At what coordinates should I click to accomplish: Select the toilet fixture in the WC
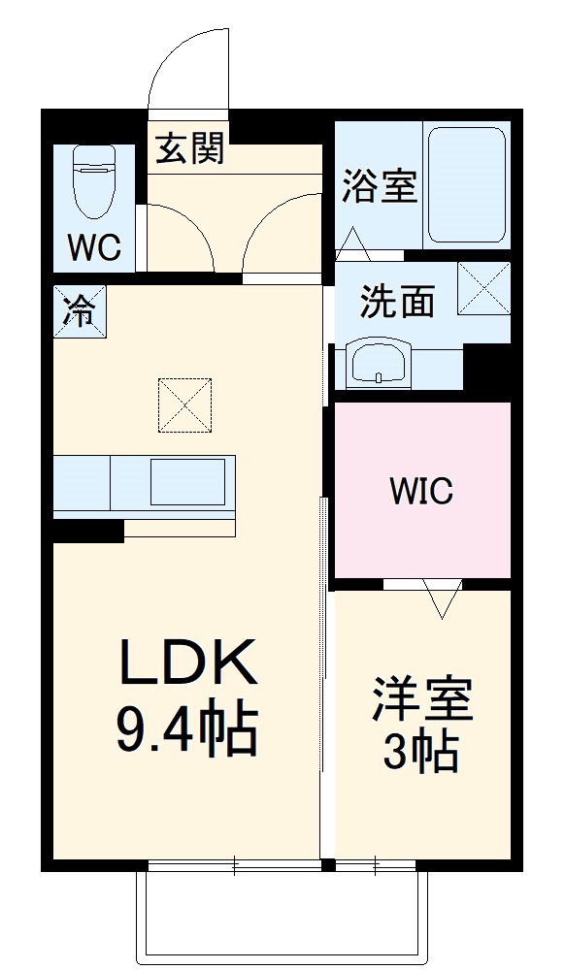point(94,181)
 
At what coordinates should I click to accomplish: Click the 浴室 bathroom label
point(379,186)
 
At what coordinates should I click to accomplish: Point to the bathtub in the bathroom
point(466,185)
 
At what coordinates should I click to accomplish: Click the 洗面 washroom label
point(396,303)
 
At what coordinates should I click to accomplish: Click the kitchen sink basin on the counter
point(190,482)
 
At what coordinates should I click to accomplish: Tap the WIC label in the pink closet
point(421,492)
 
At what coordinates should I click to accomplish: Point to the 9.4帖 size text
point(187,729)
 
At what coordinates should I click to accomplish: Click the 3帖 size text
point(420,751)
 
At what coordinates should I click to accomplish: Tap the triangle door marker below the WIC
point(443,598)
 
